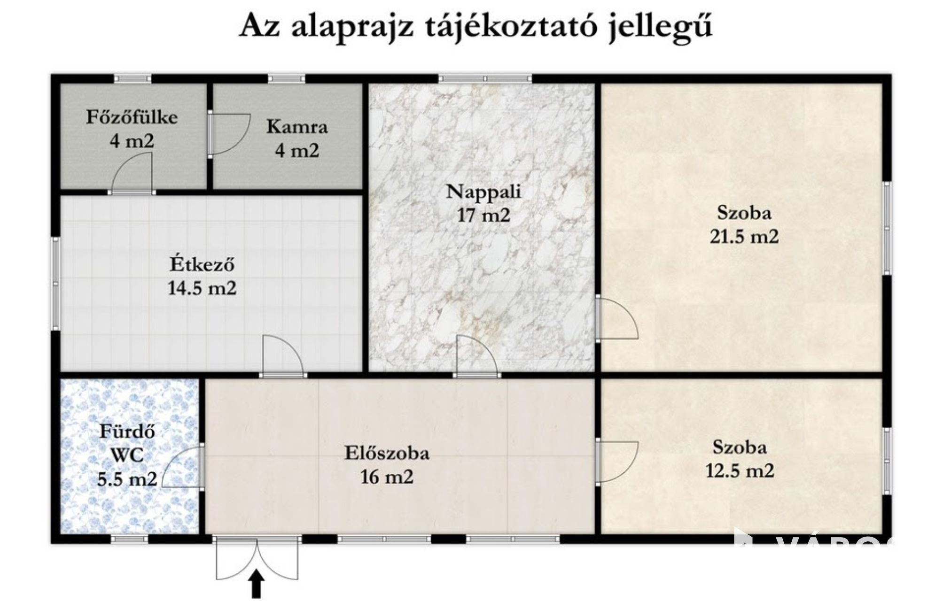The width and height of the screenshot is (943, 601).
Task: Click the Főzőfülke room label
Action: pyautogui.click(x=132, y=117)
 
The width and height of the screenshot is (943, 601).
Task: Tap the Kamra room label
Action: pyautogui.click(x=297, y=127)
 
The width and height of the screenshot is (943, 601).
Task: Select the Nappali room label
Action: pyautogui.click(x=483, y=192)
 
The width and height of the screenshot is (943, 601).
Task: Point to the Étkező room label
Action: pyautogui.click(x=202, y=264)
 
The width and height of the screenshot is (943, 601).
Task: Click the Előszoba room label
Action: pyautogui.click(x=387, y=453)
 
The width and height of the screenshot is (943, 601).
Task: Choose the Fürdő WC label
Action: pyautogui.click(x=127, y=443)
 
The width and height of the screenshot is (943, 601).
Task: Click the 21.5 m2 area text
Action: pyautogui.click(x=744, y=236)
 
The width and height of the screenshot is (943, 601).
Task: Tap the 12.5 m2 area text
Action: pyautogui.click(x=740, y=470)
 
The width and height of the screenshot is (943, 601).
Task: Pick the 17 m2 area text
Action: pyautogui.click(x=483, y=216)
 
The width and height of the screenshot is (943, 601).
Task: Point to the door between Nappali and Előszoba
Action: pyautogui.click(x=475, y=356)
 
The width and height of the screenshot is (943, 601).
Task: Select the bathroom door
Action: pyautogui.click(x=182, y=467)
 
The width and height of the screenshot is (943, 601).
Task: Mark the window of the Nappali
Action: pyautogui.click(x=485, y=78)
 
